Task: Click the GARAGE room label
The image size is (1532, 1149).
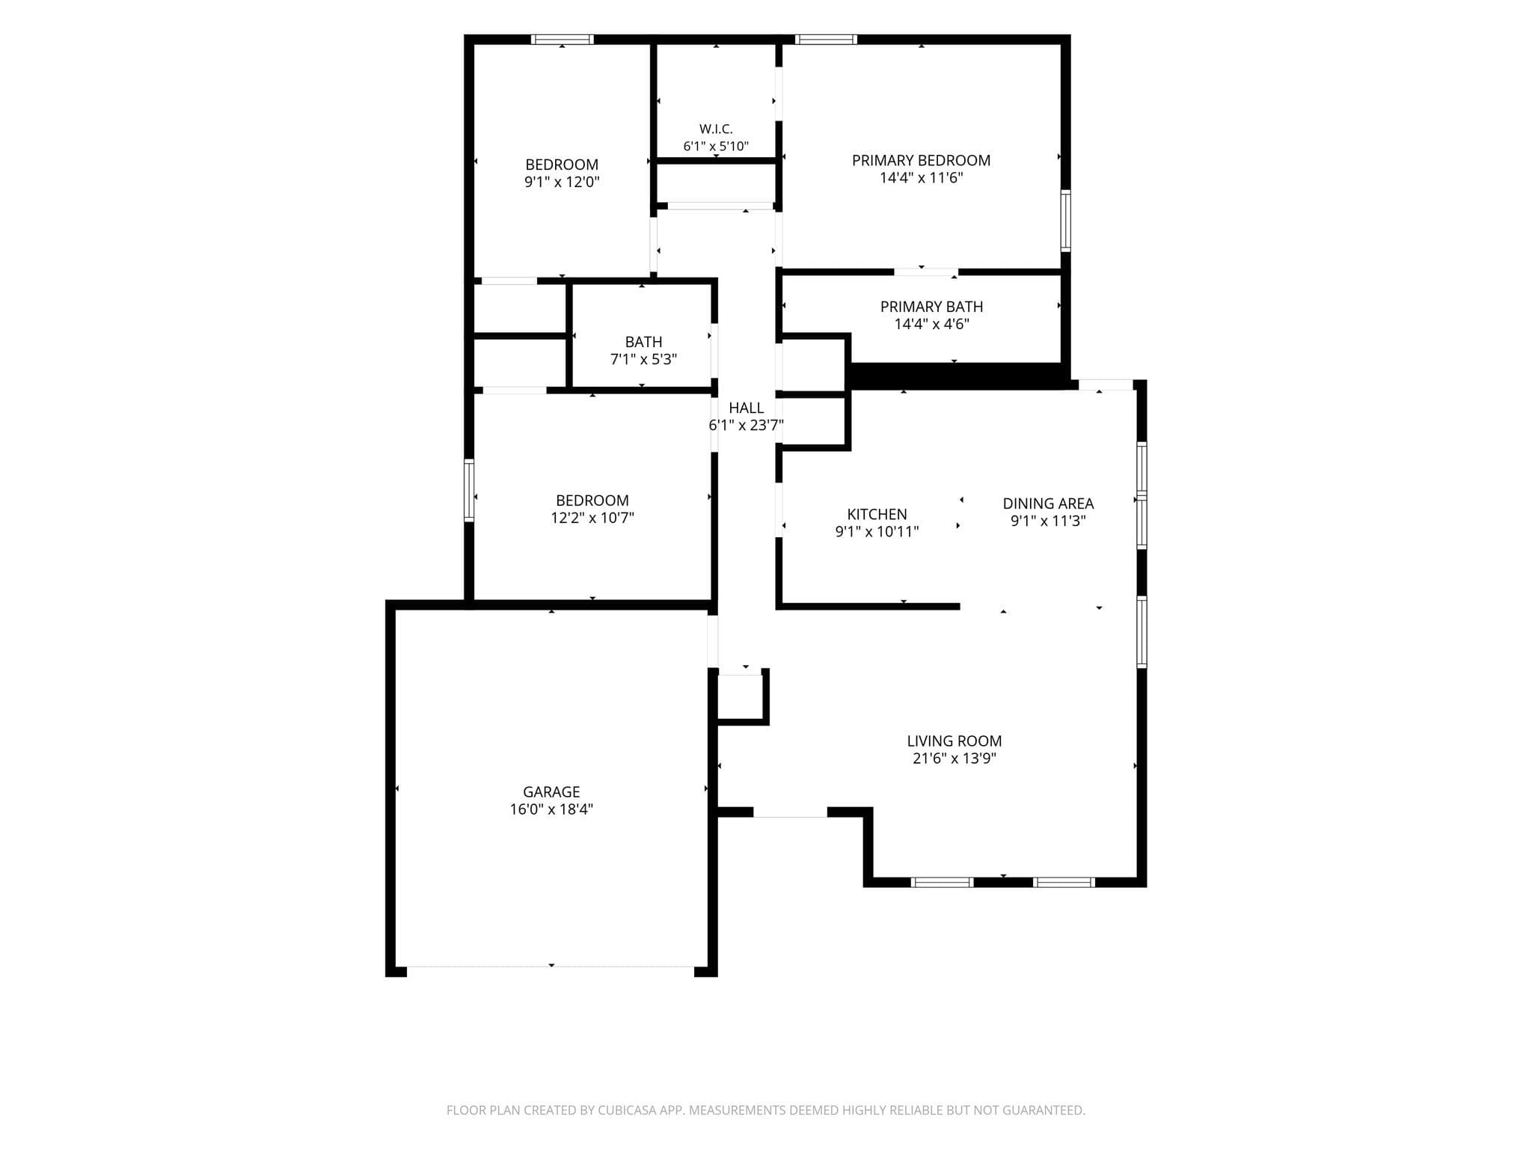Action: pyautogui.click(x=551, y=791)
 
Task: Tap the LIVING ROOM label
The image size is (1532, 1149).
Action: pyautogui.click(x=955, y=741)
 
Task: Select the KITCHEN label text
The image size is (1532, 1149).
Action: pyautogui.click(x=877, y=514)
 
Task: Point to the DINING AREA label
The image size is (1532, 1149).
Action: pyautogui.click(x=1048, y=503)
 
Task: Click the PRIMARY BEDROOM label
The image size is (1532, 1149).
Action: pyautogui.click(x=921, y=160)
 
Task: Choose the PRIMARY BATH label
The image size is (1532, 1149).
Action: pyautogui.click(x=931, y=307)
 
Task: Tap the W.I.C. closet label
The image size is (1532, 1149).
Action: pyautogui.click(x=716, y=129)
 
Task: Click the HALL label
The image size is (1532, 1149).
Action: pyautogui.click(x=746, y=408)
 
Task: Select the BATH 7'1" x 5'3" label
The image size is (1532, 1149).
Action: pyautogui.click(x=643, y=351)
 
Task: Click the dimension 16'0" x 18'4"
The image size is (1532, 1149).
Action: pyautogui.click(x=551, y=809)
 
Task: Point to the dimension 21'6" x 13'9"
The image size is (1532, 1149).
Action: pyautogui.click(x=955, y=759)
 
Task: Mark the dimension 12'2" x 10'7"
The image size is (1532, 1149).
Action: pyautogui.click(x=592, y=518)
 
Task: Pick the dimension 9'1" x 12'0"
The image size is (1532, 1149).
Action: pyautogui.click(x=562, y=182)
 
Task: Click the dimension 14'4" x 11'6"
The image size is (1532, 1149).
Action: pyautogui.click(x=921, y=178)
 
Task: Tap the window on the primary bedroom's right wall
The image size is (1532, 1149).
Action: pyautogui.click(x=1066, y=221)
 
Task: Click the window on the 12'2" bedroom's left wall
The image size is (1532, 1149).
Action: pyautogui.click(x=469, y=490)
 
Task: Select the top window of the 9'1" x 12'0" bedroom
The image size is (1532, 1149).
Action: pyautogui.click(x=563, y=40)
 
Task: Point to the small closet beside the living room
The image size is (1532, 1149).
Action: pyautogui.click(x=740, y=697)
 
